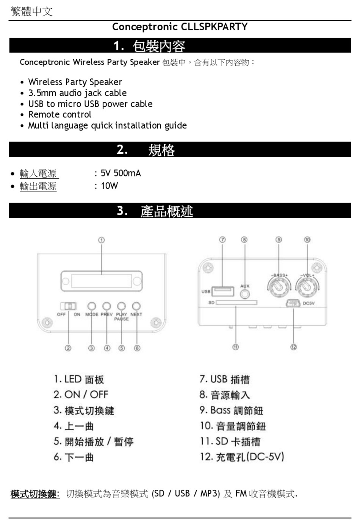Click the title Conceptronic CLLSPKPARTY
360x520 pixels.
180,27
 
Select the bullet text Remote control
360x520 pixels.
60,114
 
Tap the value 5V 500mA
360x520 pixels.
121,173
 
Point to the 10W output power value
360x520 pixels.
109,186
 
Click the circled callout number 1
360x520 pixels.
101,240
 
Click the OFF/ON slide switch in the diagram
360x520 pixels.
68,306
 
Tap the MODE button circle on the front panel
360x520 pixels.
92,306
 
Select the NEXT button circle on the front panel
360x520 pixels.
136,306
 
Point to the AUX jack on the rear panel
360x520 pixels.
245,294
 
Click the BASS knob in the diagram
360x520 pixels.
279,287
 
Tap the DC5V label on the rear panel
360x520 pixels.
308,303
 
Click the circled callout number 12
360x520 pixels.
294,347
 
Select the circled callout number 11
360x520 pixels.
235,347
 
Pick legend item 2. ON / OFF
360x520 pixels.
81,395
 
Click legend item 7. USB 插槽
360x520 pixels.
224,379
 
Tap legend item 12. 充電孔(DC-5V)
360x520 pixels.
242,457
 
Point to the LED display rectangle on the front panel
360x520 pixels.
101,281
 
